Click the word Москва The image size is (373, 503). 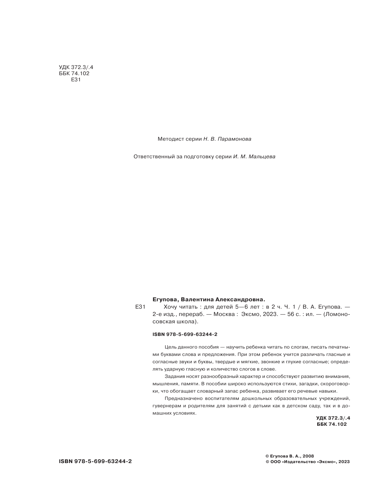[x=224, y=314]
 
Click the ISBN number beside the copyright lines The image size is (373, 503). [x=95, y=461]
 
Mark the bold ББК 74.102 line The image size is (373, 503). [x=332, y=424]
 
